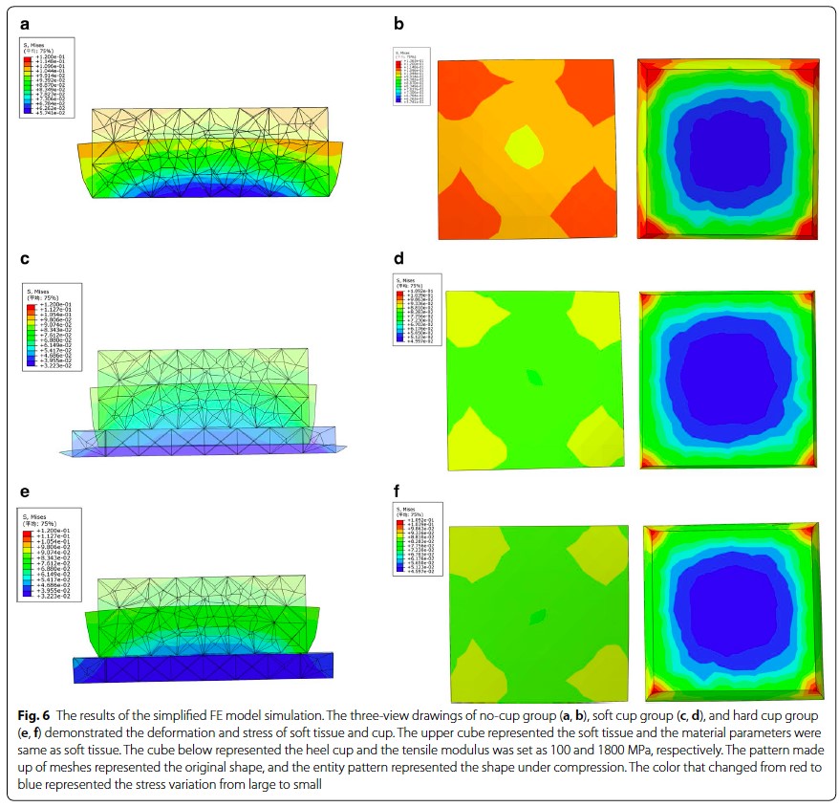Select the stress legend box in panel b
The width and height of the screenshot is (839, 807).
click(412, 76)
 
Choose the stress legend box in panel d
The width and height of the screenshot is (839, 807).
click(414, 313)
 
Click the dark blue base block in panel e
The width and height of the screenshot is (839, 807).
click(203, 667)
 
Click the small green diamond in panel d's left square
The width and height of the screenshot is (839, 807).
click(534, 378)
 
